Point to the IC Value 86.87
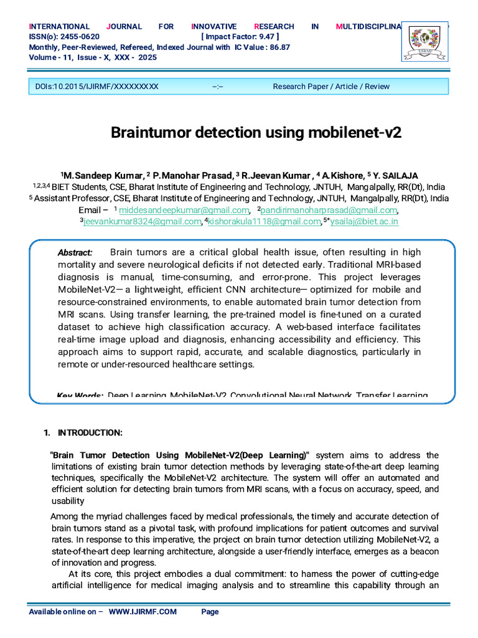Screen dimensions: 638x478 277,47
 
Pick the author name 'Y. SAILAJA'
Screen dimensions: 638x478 395,176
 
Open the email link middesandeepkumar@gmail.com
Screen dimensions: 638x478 184,210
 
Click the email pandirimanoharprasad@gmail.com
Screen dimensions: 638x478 326,210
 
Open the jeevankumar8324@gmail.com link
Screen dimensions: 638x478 141,221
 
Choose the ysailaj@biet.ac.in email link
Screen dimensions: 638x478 364,221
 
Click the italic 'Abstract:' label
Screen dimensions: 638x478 75,252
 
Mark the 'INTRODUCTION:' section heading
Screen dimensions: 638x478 90,433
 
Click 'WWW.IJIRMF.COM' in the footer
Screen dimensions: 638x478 143,612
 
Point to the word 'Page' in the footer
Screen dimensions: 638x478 210,612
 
